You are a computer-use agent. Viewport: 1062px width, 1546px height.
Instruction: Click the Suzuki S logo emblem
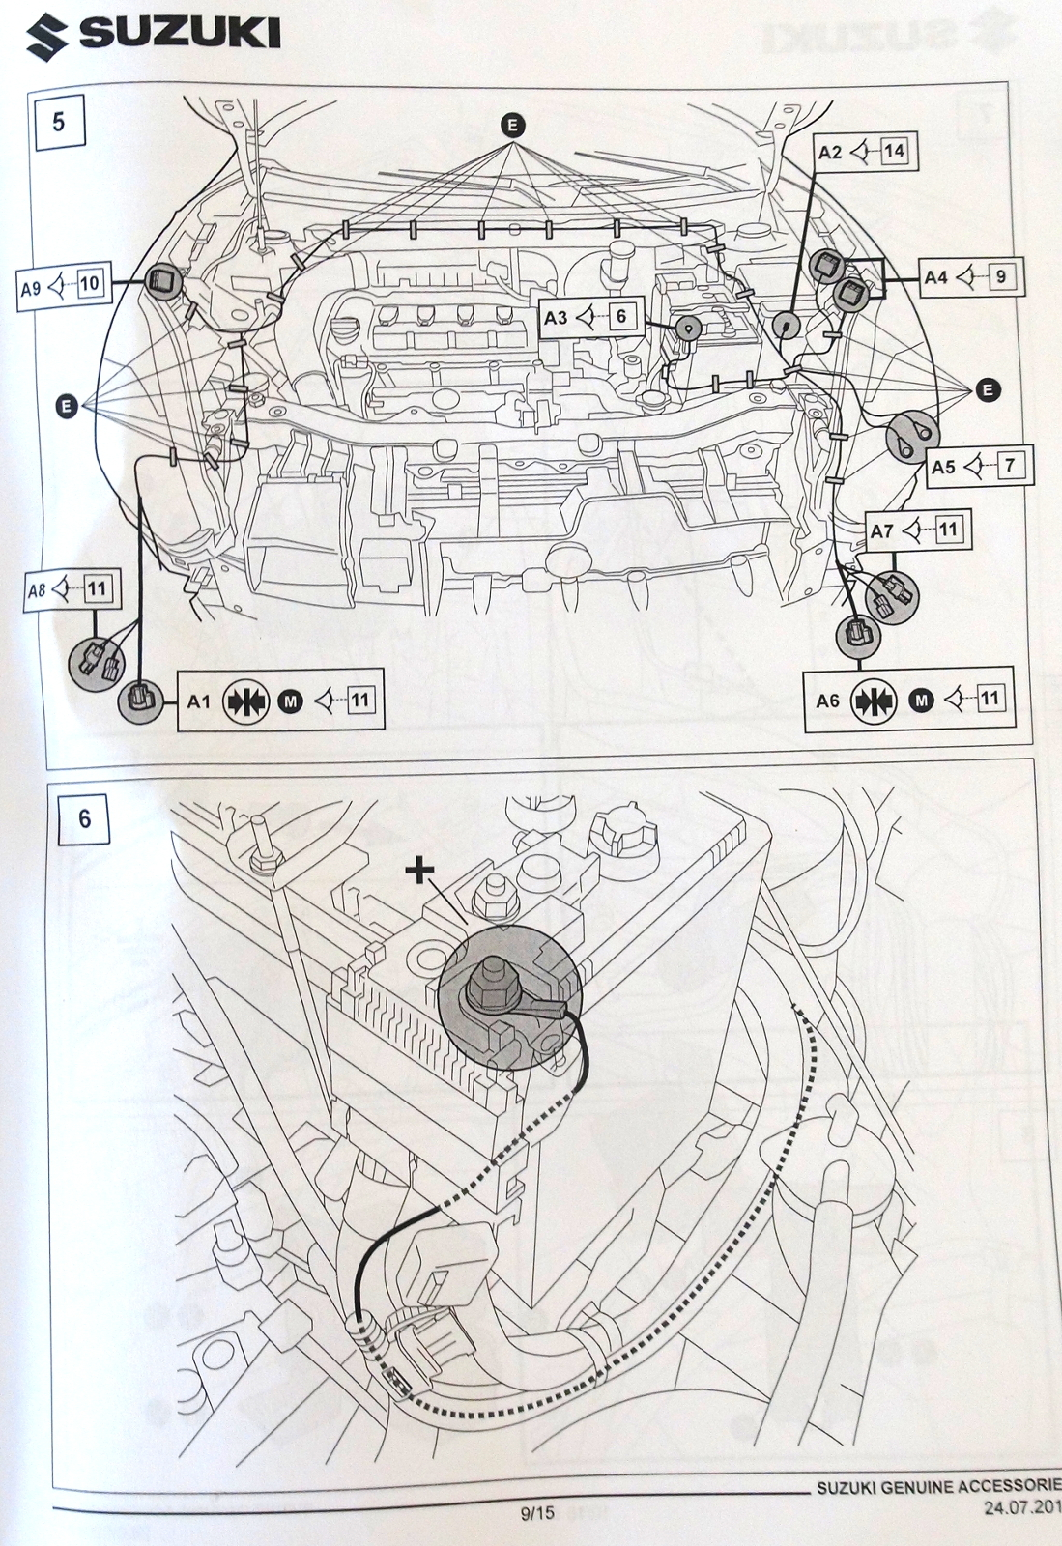47,36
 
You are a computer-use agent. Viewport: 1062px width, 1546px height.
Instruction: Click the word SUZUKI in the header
180,36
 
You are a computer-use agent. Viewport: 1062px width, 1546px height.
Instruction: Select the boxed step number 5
59,123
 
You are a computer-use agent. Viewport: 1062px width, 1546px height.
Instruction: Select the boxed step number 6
84,818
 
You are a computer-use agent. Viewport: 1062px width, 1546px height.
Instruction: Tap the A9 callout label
31,288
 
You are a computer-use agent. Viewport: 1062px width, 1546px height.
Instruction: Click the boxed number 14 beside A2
894,151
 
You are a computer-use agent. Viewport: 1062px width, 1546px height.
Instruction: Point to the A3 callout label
556,317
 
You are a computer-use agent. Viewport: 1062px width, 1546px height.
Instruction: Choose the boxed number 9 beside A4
1000,277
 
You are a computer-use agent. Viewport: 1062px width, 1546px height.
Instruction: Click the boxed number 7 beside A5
1009,466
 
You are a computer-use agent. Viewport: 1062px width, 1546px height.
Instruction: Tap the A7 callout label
881,530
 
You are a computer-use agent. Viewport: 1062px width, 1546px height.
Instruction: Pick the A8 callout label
37,589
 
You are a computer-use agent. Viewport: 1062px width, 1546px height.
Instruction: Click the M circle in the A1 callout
290,701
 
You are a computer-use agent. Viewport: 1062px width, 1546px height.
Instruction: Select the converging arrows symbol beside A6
874,700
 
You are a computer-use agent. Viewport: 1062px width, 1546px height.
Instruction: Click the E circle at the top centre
512,124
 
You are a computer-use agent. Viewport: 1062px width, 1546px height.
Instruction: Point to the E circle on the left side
67,407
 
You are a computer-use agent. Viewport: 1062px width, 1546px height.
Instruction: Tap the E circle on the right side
988,390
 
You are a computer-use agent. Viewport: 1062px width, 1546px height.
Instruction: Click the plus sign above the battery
419,871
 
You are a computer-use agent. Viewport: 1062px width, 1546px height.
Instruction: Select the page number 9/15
537,1513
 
